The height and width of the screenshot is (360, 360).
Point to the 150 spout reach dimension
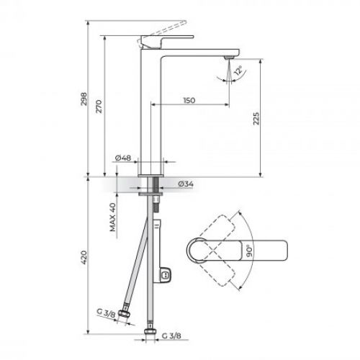[x=189, y=99]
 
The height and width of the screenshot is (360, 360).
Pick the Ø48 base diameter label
[x=122, y=158]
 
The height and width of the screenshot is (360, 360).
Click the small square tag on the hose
[x=166, y=274]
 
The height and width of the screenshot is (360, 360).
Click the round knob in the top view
[x=199, y=251]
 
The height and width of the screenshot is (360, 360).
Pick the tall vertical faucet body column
[x=151, y=108]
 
